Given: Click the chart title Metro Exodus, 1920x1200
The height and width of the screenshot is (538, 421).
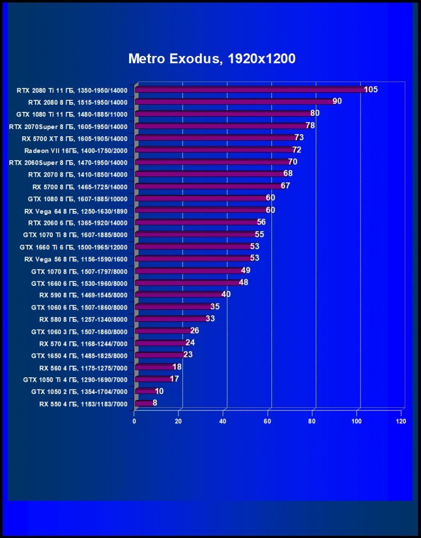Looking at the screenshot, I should [x=212, y=59].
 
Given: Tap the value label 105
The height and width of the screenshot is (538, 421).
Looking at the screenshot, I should [x=371, y=90].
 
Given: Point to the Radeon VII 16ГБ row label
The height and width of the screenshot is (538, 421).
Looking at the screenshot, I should [x=76, y=150].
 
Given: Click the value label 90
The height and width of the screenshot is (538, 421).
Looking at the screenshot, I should [x=337, y=101].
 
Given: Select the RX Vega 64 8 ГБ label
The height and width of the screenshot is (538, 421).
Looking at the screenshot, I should [x=76, y=211].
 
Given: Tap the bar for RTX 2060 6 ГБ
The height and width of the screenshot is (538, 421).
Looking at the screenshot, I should [x=197, y=223].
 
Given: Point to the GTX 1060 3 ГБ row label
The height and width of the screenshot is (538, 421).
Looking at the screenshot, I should [x=79, y=331].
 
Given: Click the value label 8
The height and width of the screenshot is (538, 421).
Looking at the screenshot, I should [x=155, y=403].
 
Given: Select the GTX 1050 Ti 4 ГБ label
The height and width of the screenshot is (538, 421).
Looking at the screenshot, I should [x=75, y=380].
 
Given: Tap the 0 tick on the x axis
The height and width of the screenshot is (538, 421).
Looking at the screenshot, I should [x=135, y=422].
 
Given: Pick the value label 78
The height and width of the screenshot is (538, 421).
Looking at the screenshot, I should [x=310, y=126].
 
